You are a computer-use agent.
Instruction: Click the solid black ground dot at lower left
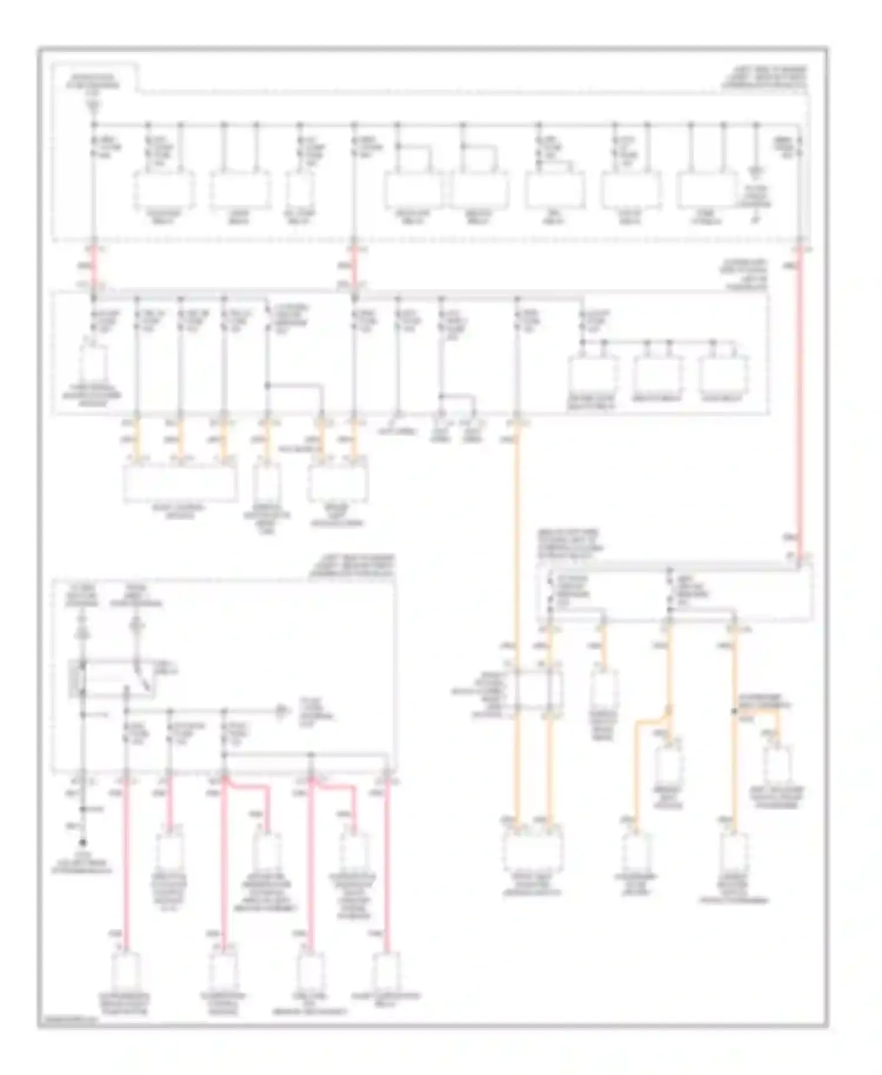[83, 843]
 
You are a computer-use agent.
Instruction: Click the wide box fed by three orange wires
[180, 483]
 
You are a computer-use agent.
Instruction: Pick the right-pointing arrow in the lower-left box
[281, 712]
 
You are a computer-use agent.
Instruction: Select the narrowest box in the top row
[300, 189]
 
